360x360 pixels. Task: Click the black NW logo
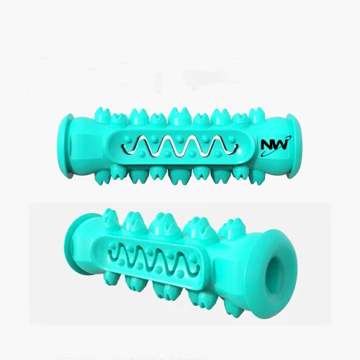276,145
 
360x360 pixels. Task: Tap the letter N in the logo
266,145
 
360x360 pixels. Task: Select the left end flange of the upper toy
63,146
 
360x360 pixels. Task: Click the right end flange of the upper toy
296,146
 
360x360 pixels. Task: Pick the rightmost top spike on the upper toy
257,114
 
